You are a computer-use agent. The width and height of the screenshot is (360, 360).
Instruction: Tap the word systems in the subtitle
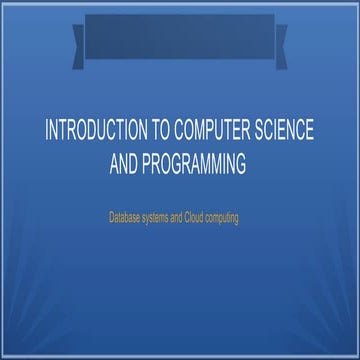point(160,215)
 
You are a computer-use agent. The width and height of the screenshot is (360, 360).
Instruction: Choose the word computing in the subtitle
point(236,215)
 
